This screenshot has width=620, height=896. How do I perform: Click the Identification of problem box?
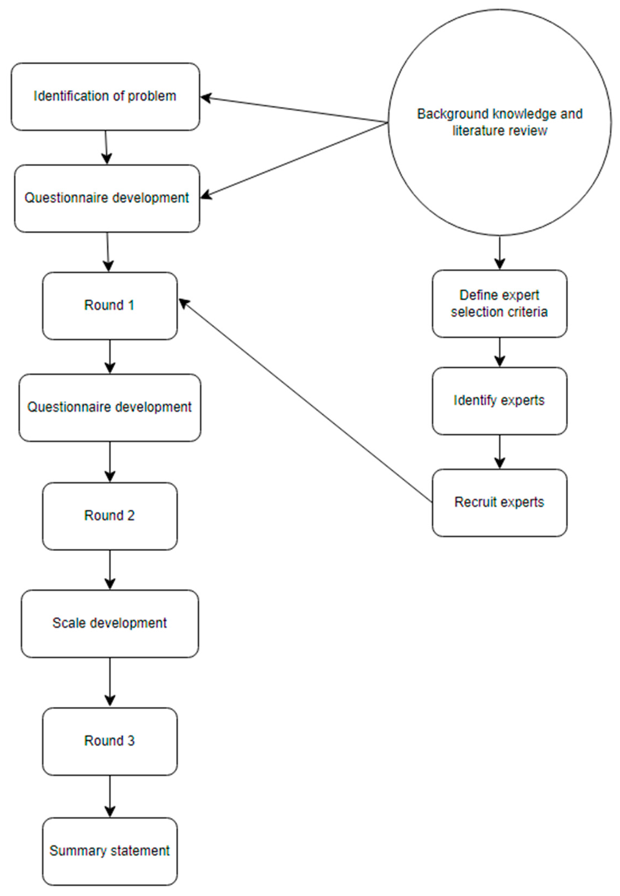point(105,97)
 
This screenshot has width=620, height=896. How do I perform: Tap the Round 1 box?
point(110,306)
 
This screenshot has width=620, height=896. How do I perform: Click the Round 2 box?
point(110,516)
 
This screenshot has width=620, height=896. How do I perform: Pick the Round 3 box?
point(110,741)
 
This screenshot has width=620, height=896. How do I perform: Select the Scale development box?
point(110,624)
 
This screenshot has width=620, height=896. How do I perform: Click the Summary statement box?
point(110,851)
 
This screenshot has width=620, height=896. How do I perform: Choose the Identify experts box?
point(500,401)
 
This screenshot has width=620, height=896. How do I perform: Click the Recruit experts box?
point(500,503)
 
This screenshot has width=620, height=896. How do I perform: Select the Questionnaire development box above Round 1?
point(107,199)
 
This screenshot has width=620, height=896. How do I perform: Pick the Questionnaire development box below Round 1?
point(110,408)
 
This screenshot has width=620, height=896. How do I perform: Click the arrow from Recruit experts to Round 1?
point(305,400)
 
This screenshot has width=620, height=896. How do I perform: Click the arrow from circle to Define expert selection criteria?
point(500,253)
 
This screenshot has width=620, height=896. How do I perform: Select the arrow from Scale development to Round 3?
point(110,682)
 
